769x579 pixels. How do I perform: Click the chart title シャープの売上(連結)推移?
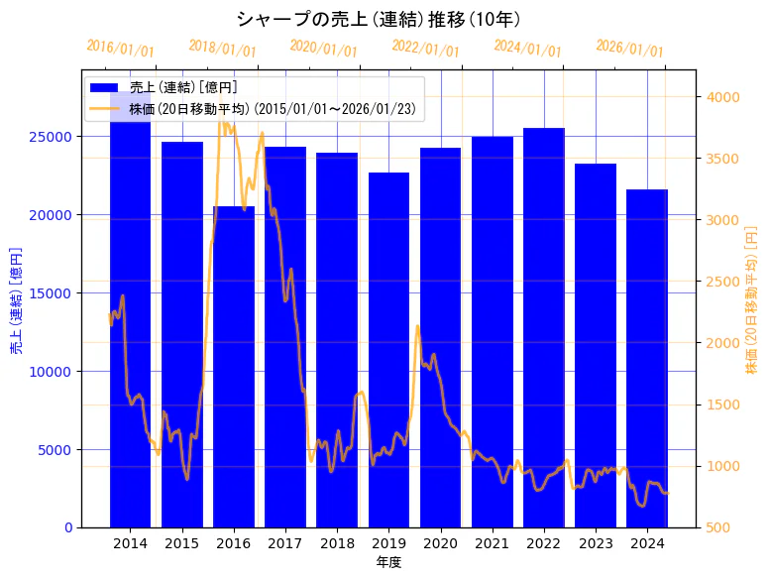pyautogui.click(x=379, y=19)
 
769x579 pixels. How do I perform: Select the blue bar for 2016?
pyautogui.click(x=234, y=367)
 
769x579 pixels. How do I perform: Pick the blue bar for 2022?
pyautogui.click(x=544, y=327)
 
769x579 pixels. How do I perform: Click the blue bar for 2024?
pyautogui.click(x=647, y=357)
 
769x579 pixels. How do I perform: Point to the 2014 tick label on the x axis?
pyautogui.click(x=131, y=543)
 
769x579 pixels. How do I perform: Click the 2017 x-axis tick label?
pyautogui.click(x=285, y=543)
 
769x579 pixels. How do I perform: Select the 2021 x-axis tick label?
pyautogui.click(x=493, y=543)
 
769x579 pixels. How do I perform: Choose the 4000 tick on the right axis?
pyautogui.click(x=722, y=97)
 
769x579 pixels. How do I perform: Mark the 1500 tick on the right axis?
pyautogui.click(x=722, y=405)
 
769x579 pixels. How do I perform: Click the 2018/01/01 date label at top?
pyautogui.click(x=222, y=49)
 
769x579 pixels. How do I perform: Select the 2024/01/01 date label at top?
pyautogui.click(x=527, y=49)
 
